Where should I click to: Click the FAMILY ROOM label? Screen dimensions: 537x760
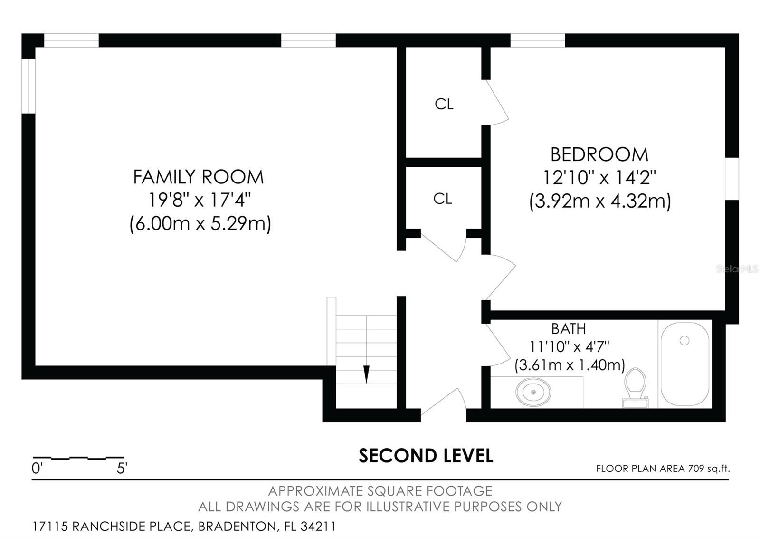198,177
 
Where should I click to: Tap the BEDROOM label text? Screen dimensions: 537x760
599,155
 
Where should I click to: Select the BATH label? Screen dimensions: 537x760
568,329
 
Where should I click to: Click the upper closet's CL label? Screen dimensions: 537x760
444,104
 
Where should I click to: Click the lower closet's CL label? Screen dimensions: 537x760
443,199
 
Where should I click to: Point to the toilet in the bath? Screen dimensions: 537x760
635,387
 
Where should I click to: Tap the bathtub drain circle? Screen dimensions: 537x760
684,340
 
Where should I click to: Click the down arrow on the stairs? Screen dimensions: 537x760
366,374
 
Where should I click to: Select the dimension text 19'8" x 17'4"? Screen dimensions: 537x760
199,200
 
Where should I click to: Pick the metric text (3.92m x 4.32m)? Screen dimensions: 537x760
600,201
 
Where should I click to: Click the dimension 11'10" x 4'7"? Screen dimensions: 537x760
569,346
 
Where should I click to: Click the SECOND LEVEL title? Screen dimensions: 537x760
426,456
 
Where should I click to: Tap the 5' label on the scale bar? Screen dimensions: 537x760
122,469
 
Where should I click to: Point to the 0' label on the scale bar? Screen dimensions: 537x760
37,469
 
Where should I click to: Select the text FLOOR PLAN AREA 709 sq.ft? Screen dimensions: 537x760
663,469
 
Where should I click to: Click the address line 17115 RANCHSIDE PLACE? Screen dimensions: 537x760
184,527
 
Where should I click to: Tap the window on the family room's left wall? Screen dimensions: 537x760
29,86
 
